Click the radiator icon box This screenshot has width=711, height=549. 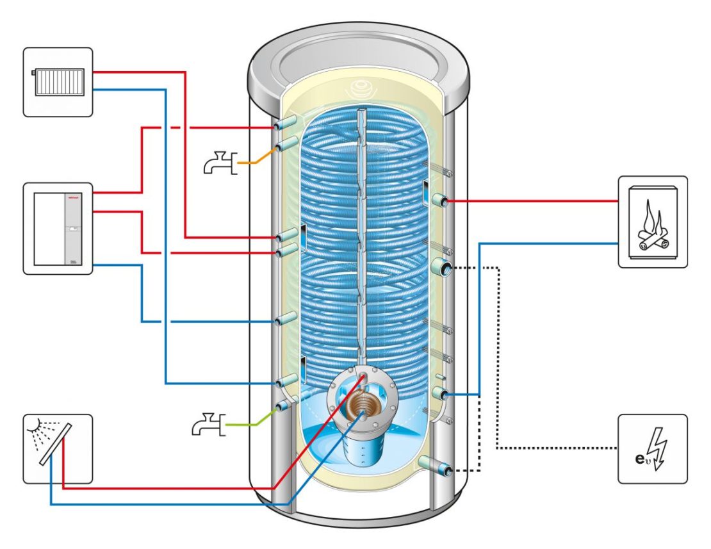[x=58, y=82]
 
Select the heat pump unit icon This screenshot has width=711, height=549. [x=58, y=229]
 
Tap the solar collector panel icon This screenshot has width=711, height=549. [x=58, y=448]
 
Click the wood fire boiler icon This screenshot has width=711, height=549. [x=653, y=222]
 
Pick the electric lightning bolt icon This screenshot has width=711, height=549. [x=652, y=448]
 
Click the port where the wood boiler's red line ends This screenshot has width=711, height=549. [x=443, y=201]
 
